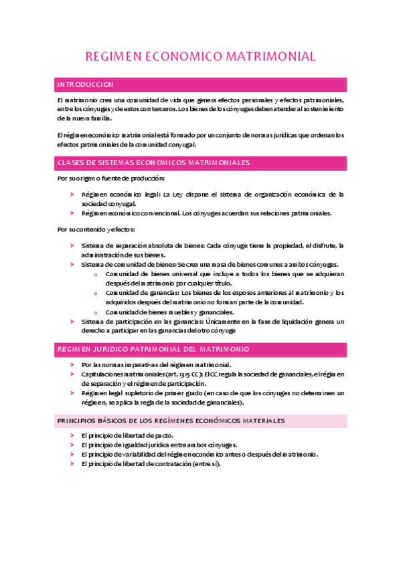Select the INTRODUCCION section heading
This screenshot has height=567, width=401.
pyautogui.click(x=86, y=85)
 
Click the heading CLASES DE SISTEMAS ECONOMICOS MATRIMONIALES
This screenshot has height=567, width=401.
pyautogui.click(x=154, y=162)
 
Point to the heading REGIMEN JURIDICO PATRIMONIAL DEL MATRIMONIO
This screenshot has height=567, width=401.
pyautogui.click(x=154, y=349)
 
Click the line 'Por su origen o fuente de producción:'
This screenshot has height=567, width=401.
pyautogui.click(x=110, y=179)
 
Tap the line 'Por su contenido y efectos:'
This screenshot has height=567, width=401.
pyautogui.click(x=96, y=229)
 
